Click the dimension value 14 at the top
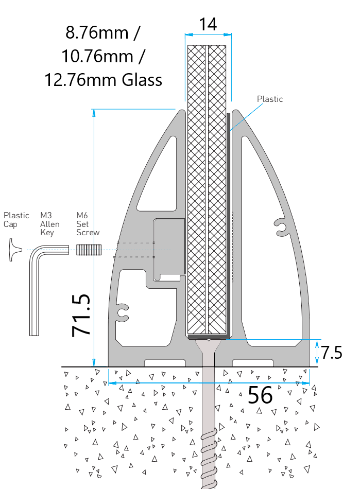208,24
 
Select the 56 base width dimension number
260,395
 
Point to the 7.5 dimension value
332,353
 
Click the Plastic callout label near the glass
270,99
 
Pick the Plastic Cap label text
16,220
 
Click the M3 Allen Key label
50,224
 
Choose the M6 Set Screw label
88,224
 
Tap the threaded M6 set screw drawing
88,250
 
